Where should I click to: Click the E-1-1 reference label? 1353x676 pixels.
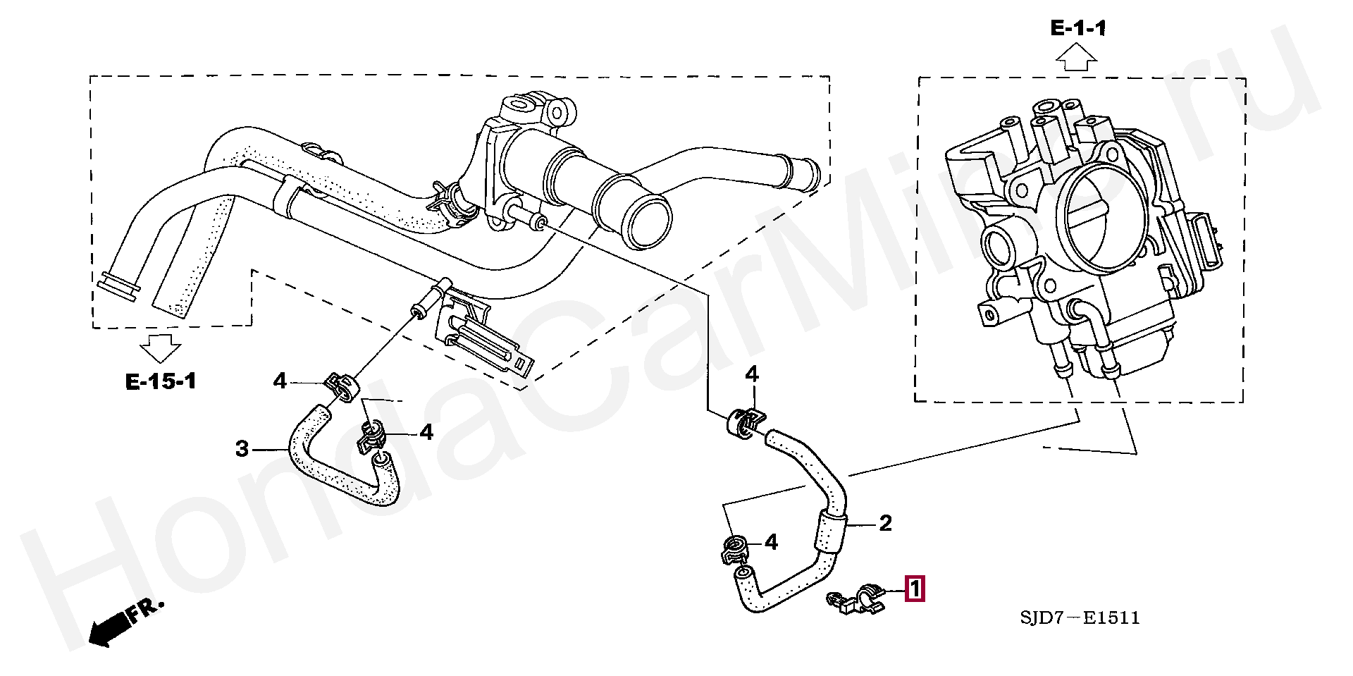[x=1078, y=28]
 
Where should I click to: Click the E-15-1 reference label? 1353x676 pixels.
[x=161, y=381]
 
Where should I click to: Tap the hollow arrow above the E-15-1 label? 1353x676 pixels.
[x=160, y=348]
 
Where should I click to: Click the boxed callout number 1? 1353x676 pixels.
[x=915, y=589]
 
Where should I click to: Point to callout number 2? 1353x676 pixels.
[x=885, y=523]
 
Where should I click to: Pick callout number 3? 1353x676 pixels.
[x=242, y=448]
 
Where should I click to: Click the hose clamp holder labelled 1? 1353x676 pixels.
[x=858, y=599]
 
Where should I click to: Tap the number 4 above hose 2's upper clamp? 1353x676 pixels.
[x=752, y=374]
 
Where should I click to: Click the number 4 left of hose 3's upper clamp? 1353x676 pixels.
[x=280, y=381]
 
